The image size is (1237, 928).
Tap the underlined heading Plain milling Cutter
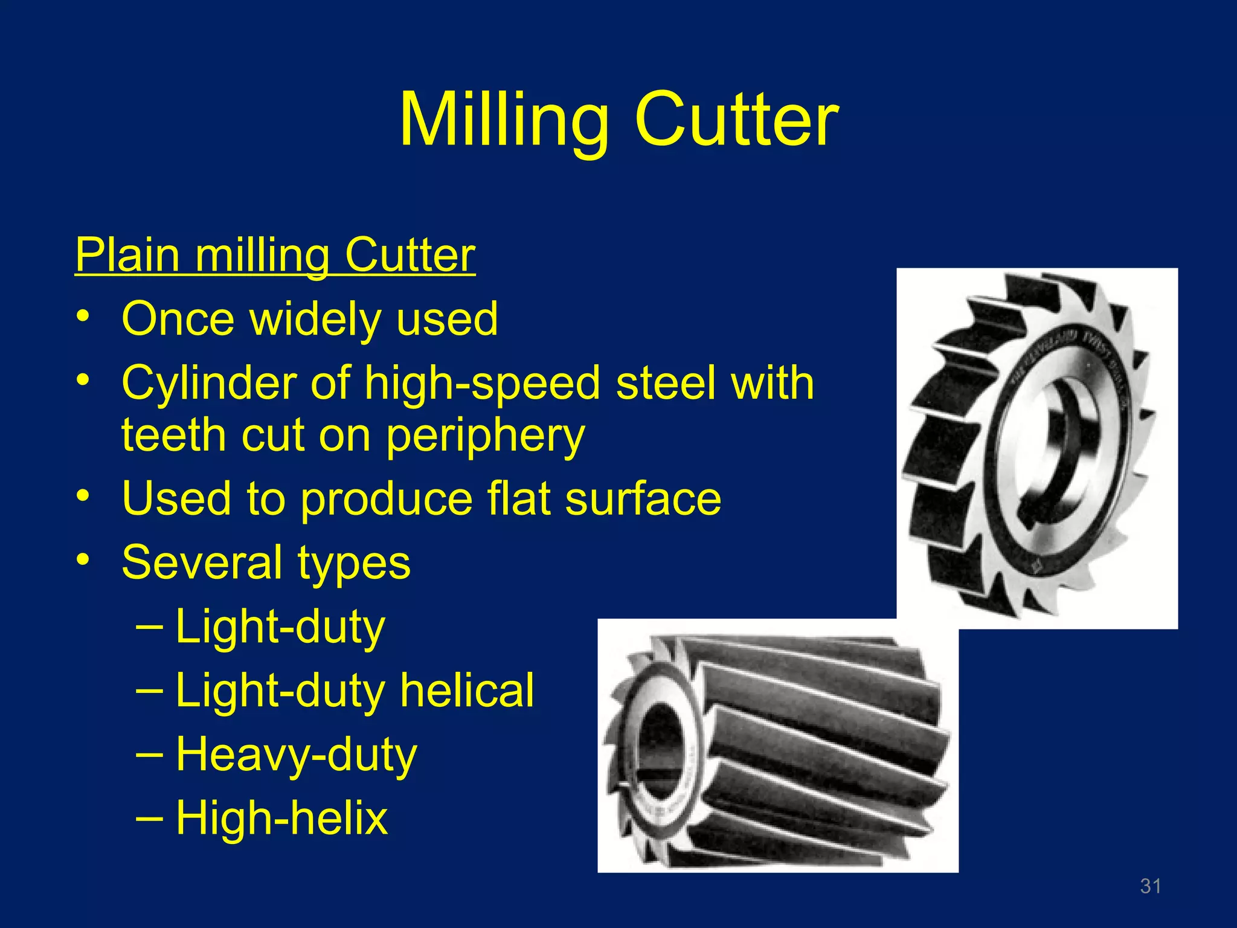click(275, 255)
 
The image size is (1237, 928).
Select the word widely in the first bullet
click(316, 319)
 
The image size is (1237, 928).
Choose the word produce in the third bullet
click(387, 499)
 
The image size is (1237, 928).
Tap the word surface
click(643, 499)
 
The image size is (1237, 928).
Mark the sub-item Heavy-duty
click(296, 755)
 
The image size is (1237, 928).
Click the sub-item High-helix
click(281, 818)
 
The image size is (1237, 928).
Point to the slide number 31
click(1150, 886)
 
